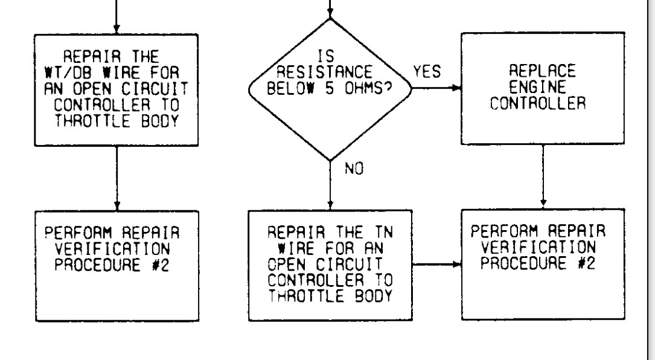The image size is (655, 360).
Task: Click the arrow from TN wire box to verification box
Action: click(438, 265)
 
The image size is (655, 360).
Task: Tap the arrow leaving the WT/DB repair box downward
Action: click(116, 178)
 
